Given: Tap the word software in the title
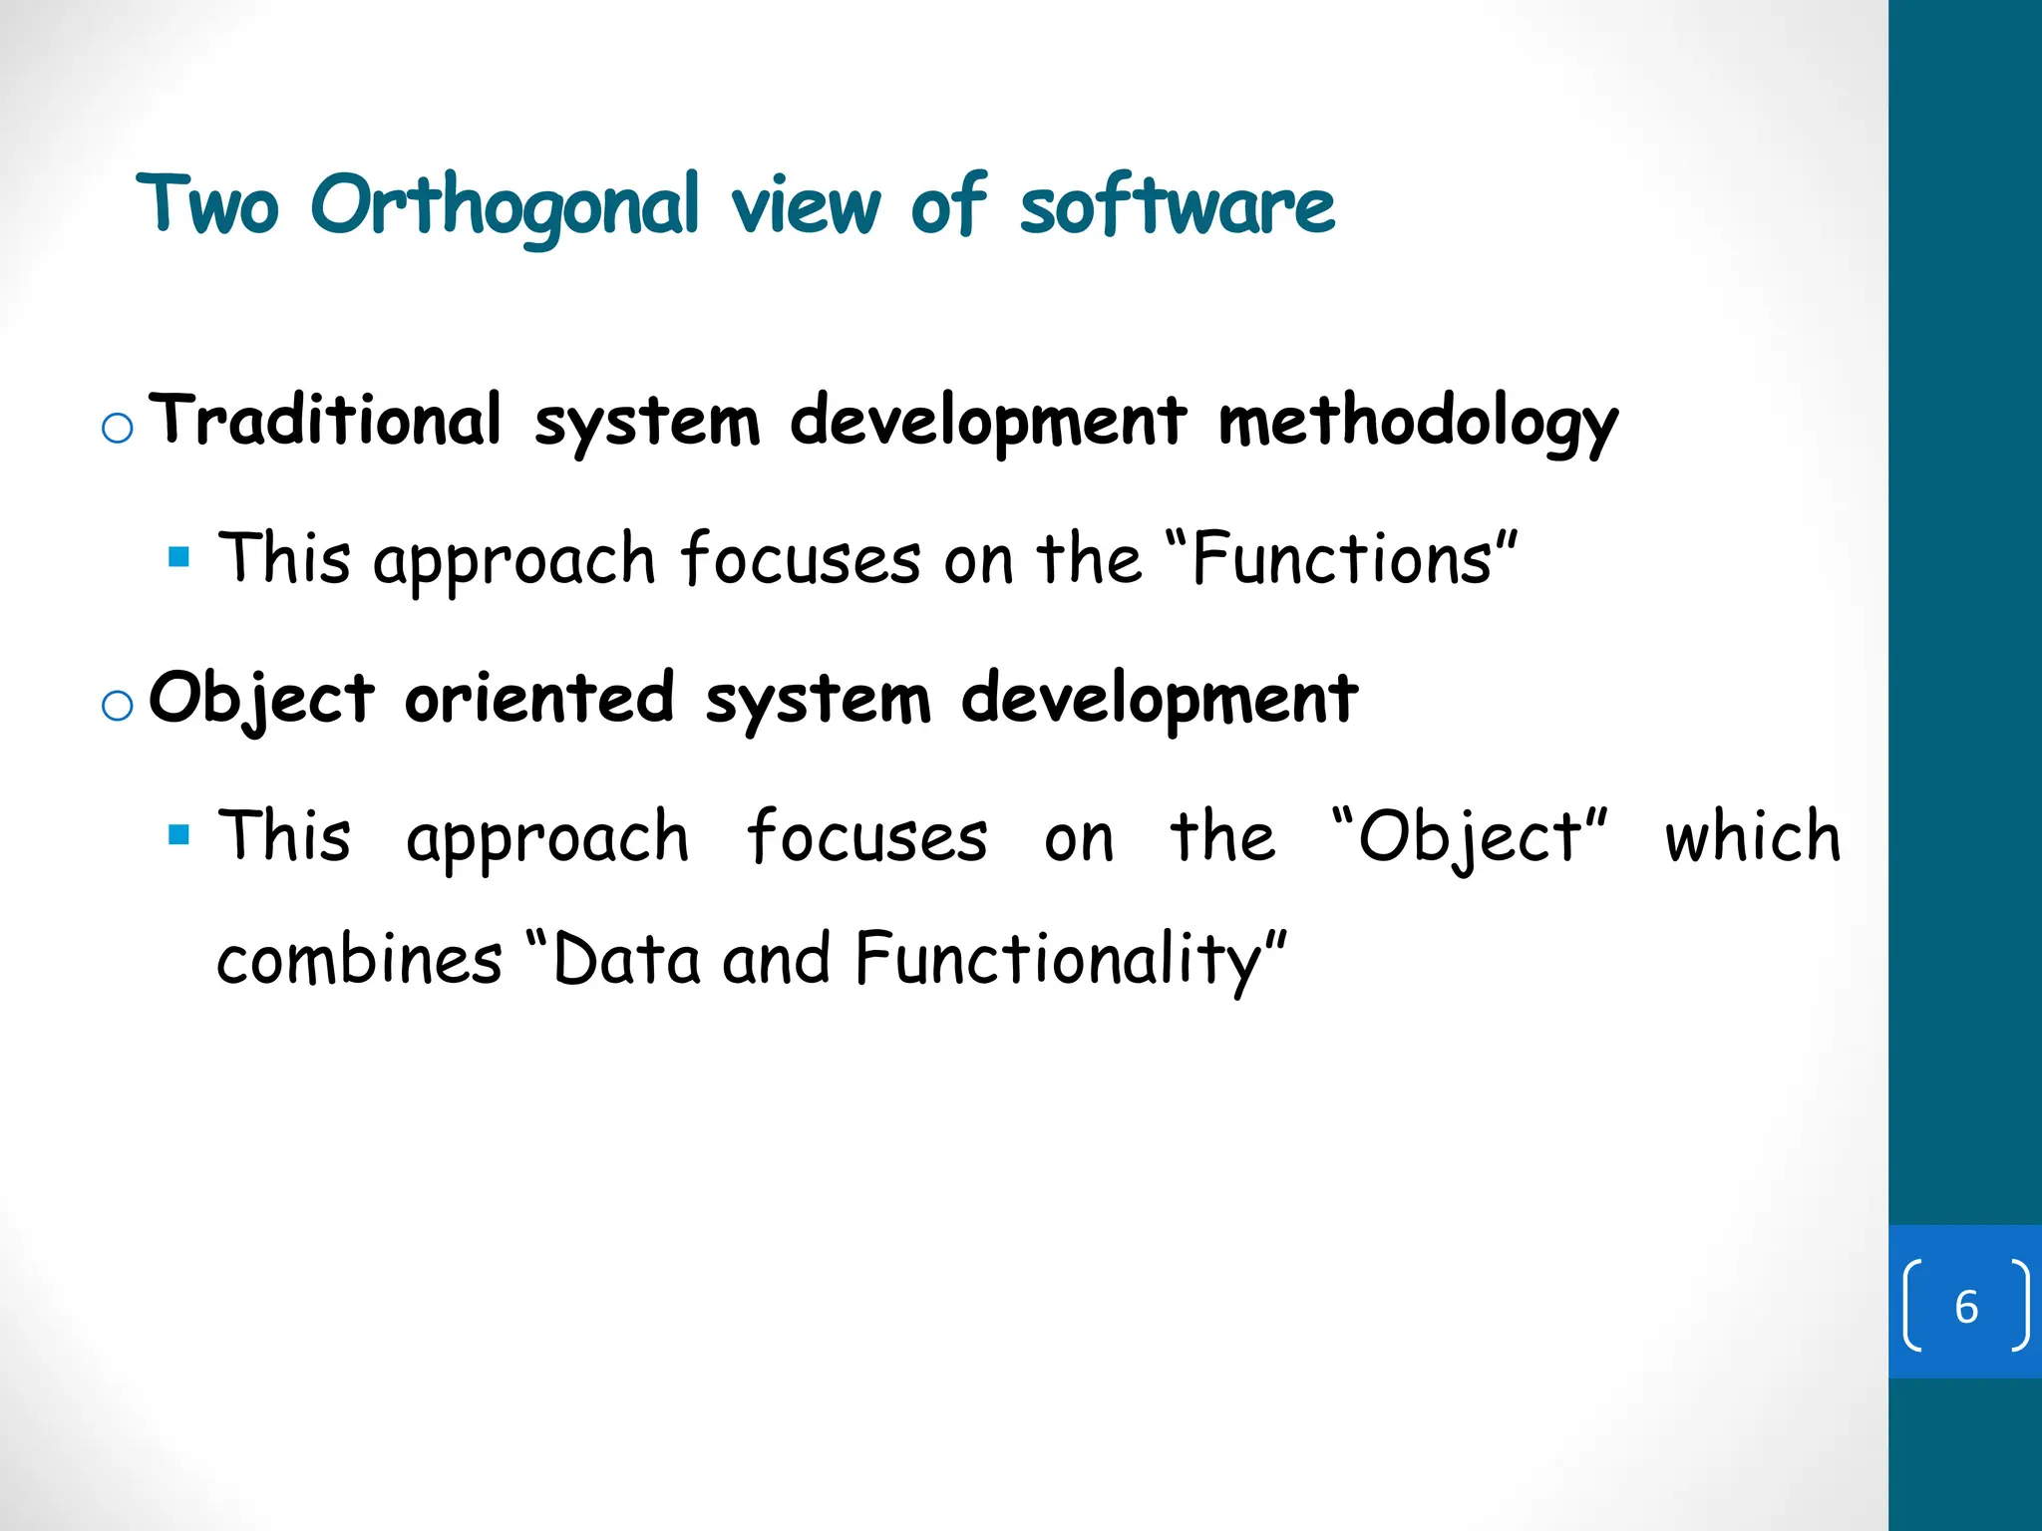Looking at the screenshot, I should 1177,207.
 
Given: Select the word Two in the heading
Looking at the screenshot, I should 207,205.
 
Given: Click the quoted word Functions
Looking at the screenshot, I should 1341,559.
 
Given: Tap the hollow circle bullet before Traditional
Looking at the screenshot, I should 118,428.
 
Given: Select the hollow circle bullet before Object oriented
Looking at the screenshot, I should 118,706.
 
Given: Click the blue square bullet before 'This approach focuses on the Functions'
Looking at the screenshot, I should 179,556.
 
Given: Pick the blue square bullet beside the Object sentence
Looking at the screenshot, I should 179,834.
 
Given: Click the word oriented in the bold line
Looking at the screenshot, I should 539,698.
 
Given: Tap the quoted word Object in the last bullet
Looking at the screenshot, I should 1470,837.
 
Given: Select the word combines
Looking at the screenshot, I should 359,959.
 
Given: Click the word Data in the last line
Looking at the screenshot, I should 626,959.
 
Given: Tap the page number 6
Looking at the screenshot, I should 1965,1307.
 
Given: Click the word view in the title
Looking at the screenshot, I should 806,207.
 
